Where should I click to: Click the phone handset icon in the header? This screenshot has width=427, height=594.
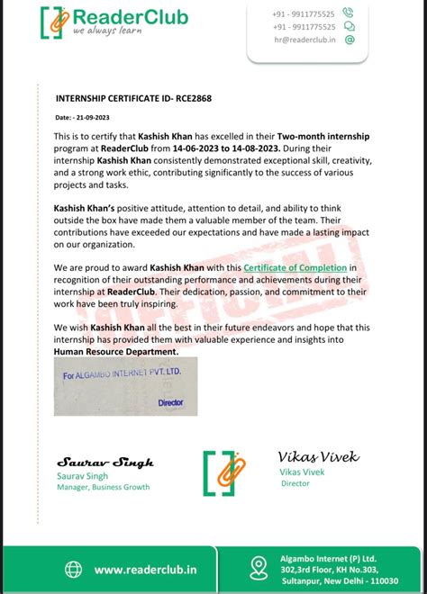[x=349, y=13]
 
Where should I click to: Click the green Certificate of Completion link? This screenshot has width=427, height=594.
[x=295, y=266]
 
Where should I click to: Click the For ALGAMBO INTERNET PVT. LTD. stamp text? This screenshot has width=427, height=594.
[x=123, y=371]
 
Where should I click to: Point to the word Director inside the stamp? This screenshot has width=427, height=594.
[x=170, y=403]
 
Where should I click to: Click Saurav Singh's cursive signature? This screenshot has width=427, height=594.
[x=105, y=462]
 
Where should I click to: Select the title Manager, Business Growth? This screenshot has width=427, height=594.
[x=103, y=487]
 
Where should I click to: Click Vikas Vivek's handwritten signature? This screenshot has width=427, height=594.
[x=319, y=457]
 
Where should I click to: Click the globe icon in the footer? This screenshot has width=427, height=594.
[x=73, y=569]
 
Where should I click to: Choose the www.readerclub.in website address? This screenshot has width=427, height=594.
[x=147, y=569]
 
